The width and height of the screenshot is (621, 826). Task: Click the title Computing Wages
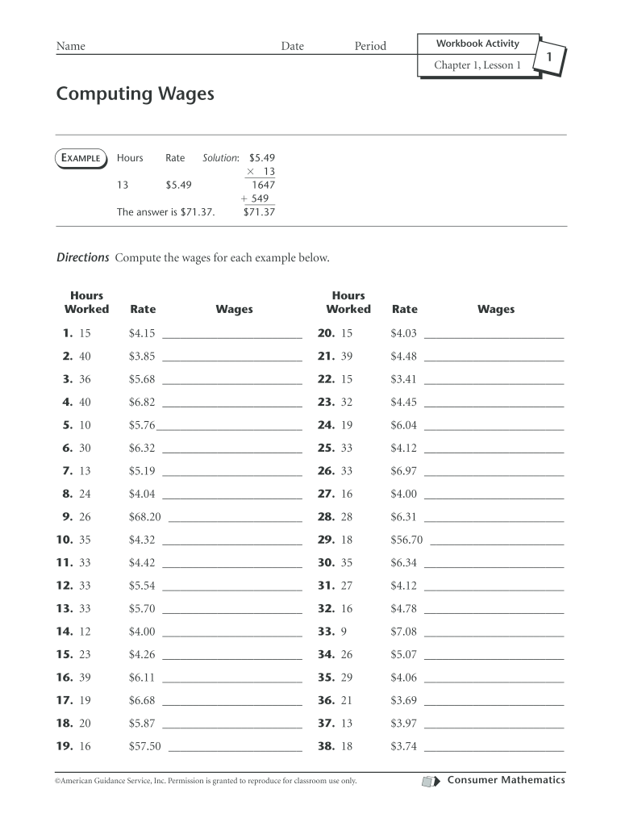coord(135,95)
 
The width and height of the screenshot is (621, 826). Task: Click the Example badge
coord(80,158)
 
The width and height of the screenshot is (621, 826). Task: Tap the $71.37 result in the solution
coord(259,212)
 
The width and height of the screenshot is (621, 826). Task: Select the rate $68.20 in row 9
coord(145,517)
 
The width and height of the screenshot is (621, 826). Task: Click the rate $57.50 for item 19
coord(145,747)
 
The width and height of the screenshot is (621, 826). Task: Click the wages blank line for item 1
coord(232,337)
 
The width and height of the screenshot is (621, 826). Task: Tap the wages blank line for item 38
coord(494,751)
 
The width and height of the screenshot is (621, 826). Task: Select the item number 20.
coord(326,333)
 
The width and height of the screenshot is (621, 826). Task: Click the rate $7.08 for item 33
coord(403,632)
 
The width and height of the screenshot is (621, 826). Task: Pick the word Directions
coord(82,258)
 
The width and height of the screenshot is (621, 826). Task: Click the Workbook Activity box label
coord(477,43)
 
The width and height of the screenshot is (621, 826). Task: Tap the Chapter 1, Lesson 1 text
coord(477,65)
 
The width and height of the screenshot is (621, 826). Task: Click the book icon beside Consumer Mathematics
coord(431,781)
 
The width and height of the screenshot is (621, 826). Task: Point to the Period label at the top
coord(370,47)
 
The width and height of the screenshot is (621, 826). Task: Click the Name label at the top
coord(70,47)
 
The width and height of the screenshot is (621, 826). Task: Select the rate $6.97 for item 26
coord(403,471)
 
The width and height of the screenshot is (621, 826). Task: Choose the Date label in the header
coord(292,47)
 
